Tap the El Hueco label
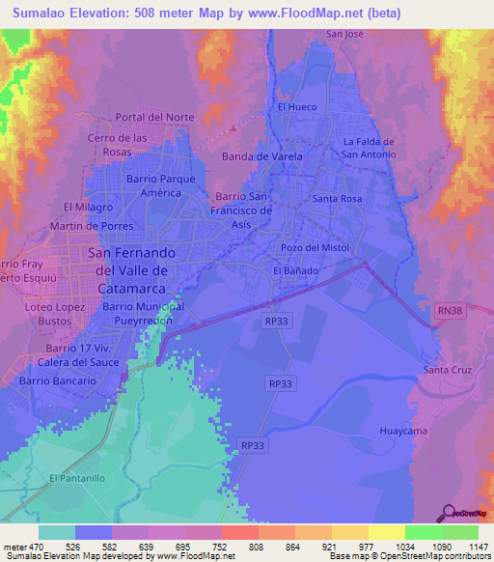coord(295,107)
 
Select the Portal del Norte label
coord(154,117)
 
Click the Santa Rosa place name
coord(337,198)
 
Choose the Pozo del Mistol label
coord(314,247)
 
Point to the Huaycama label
coord(402,431)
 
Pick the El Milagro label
coord(89,207)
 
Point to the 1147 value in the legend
coord(466,547)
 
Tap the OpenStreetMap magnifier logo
coord(450,513)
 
